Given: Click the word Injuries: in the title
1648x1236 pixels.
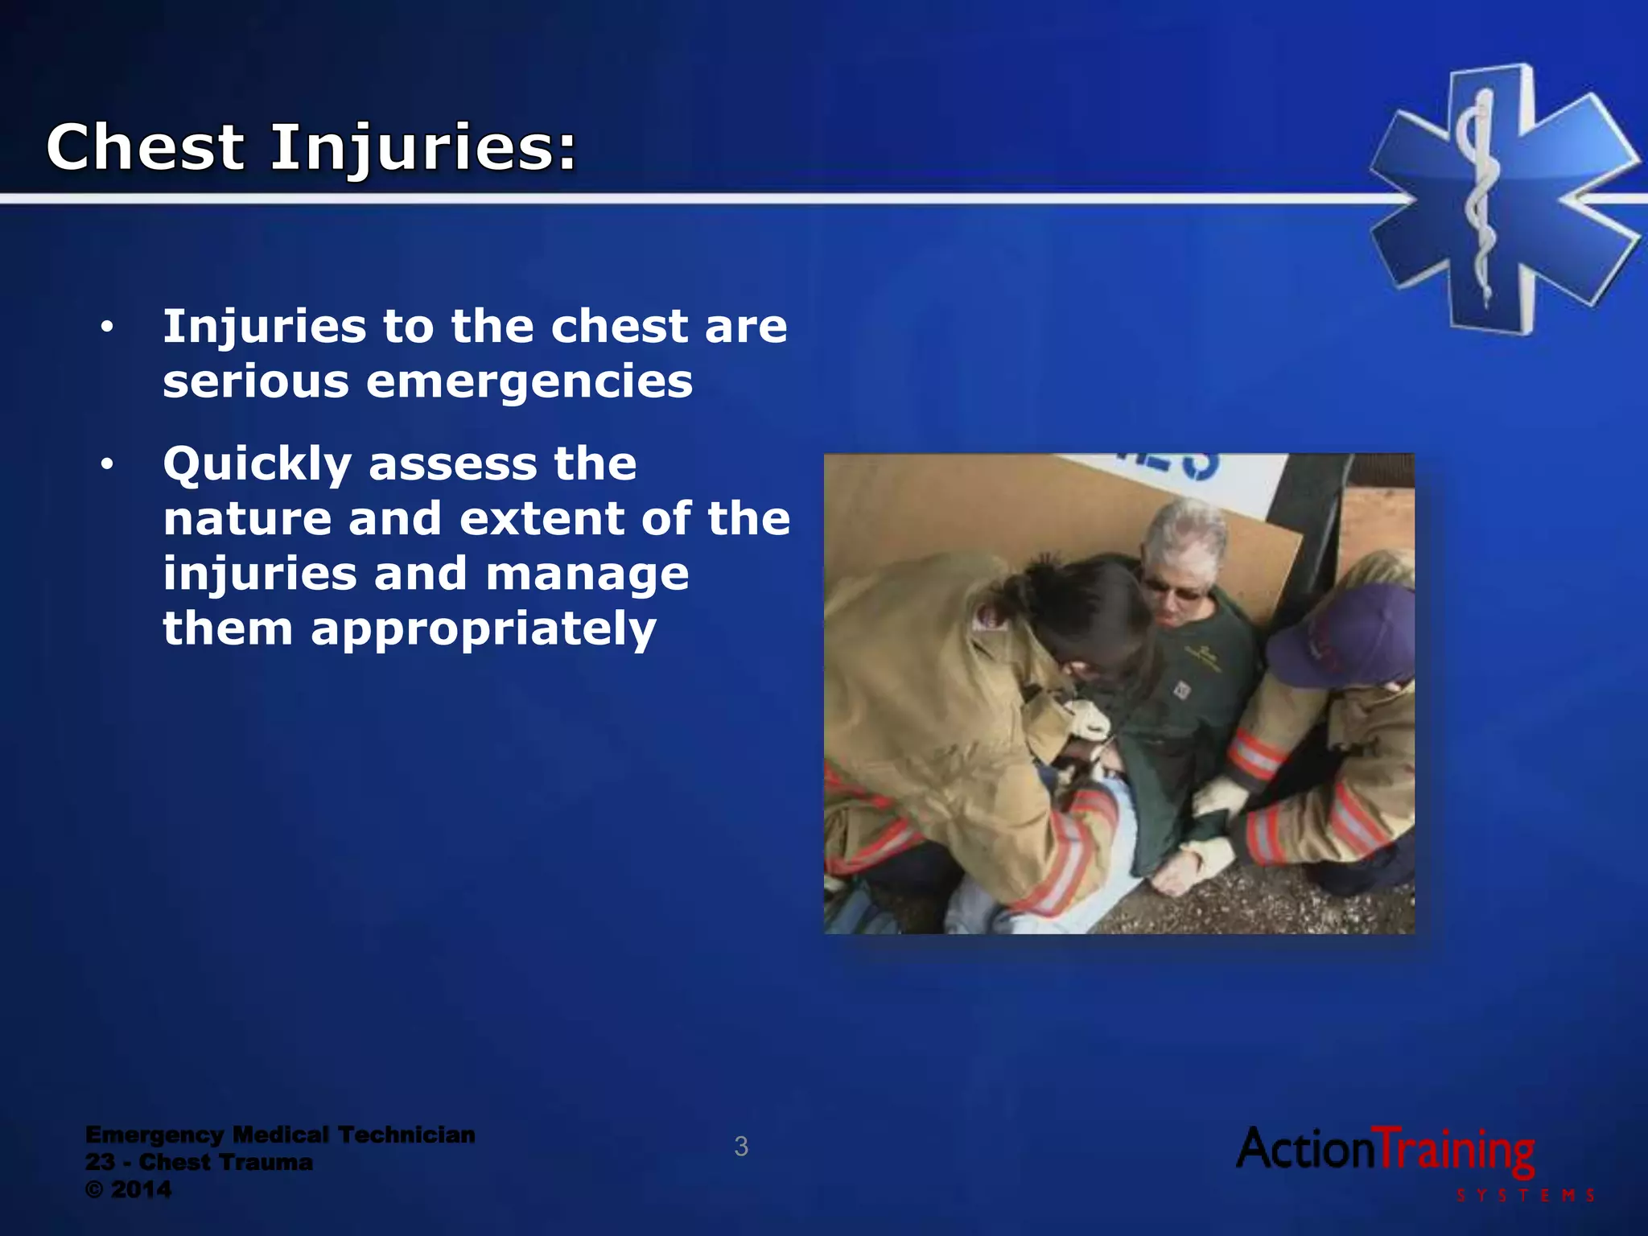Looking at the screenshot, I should [x=424, y=150].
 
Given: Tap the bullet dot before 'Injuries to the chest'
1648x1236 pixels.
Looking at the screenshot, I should [x=107, y=328].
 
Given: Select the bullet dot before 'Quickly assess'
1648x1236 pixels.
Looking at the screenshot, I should [x=107, y=464].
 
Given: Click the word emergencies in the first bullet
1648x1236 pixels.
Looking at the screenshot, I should [x=529, y=381].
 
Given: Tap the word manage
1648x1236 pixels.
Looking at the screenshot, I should [x=587, y=575].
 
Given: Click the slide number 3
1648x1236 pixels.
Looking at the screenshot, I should [x=741, y=1147].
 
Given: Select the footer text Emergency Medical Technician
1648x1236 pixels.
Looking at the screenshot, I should [x=280, y=1135].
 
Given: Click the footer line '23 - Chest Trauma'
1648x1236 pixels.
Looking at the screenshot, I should [x=199, y=1162].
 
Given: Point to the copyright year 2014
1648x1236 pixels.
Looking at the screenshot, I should [x=141, y=1189].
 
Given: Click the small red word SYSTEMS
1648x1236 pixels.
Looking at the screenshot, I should [x=1526, y=1196].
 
